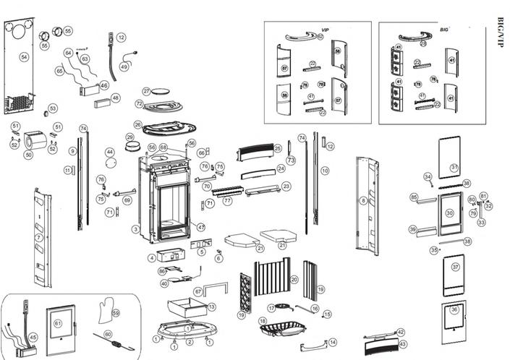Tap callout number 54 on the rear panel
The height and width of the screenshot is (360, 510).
(24, 56)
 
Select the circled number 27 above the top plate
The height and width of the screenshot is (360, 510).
(146, 92)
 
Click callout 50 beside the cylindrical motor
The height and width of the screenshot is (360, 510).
(29, 155)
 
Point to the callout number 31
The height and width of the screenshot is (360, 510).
(454, 168)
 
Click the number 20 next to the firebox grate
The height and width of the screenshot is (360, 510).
(294, 279)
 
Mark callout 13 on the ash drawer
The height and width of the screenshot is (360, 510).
(211, 307)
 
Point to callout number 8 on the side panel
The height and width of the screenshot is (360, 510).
(363, 200)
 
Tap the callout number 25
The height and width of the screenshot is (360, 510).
(277, 148)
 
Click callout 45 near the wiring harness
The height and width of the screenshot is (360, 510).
(33, 337)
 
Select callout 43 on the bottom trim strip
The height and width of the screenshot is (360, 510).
(402, 344)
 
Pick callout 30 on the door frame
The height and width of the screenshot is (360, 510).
(449, 213)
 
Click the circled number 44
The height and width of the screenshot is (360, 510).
(110, 153)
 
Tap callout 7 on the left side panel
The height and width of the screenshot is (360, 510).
(38, 238)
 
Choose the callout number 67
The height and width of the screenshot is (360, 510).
(197, 291)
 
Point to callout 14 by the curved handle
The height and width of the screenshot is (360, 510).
(333, 342)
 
